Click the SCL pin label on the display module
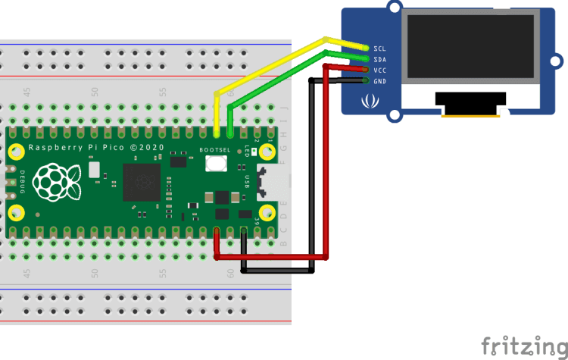(380, 48)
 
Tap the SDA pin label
(380, 59)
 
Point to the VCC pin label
(380, 70)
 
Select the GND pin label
(380, 81)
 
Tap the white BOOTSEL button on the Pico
(217, 162)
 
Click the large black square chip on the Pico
(142, 183)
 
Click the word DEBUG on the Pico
(22, 183)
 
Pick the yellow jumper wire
(273, 64)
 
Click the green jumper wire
(280, 75)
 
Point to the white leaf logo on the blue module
(370, 100)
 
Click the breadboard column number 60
(230, 274)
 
